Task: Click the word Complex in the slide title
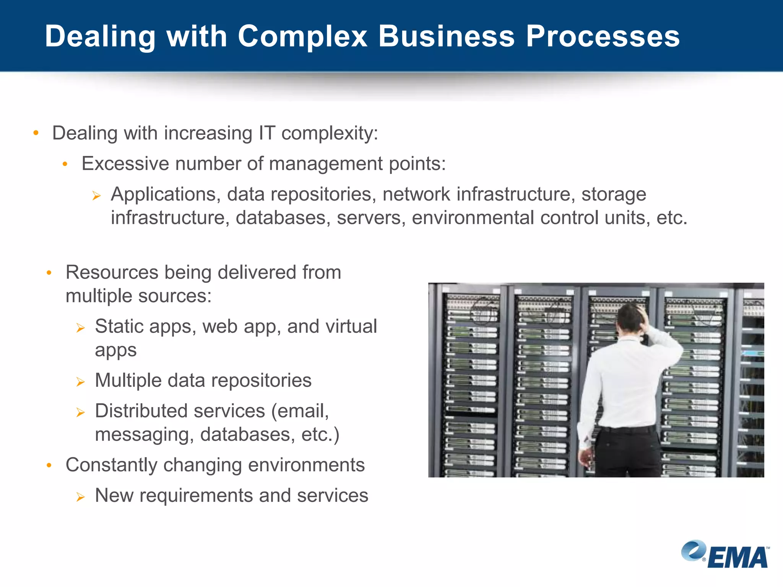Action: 302,37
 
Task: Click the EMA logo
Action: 725,555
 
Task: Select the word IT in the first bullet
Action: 267,133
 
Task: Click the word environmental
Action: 472,218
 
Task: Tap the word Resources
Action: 112,272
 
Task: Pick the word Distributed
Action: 141,411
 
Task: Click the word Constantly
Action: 111,465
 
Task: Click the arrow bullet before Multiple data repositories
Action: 80,381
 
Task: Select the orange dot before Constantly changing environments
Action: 49,465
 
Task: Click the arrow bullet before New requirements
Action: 80,497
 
